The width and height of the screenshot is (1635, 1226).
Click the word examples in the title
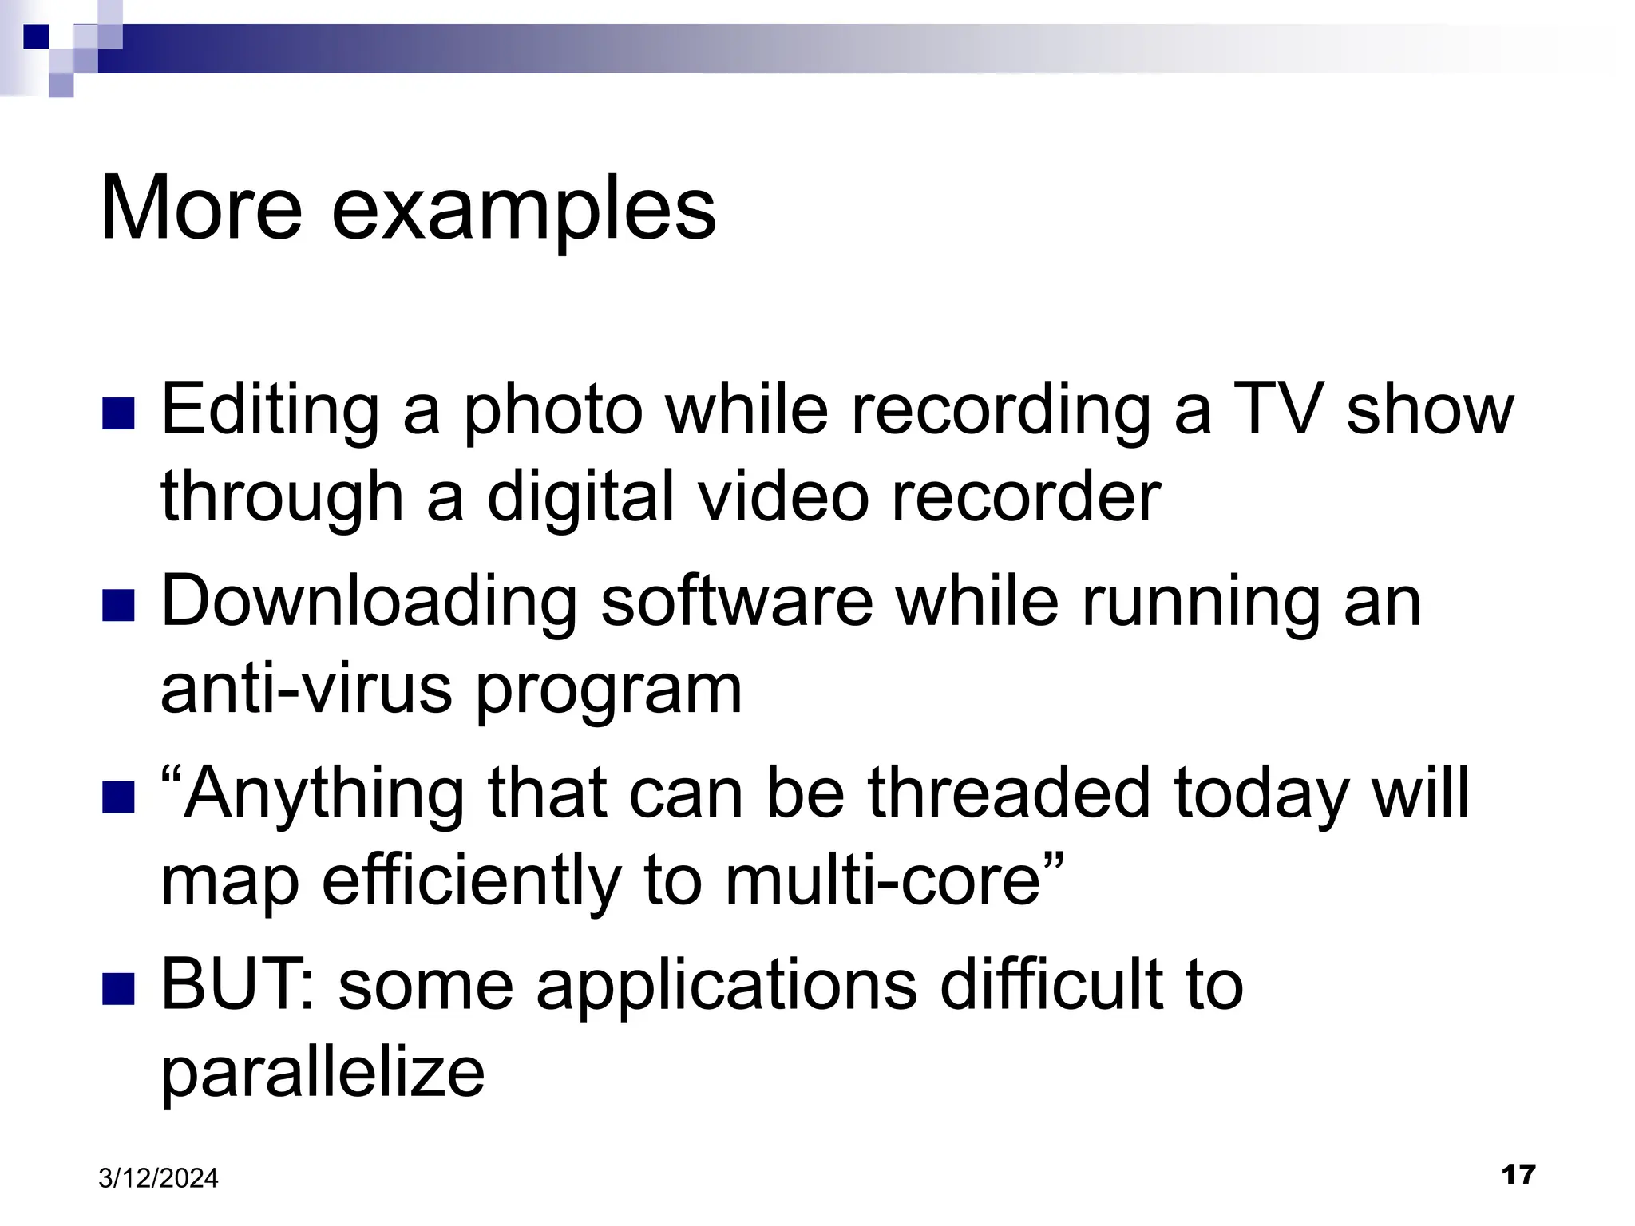coord(523,209)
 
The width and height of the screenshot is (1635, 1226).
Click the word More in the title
coord(201,209)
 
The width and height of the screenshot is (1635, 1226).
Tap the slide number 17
coord(1518,1174)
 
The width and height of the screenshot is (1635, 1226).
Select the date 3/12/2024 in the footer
coord(158,1178)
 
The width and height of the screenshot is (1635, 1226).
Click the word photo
coord(552,411)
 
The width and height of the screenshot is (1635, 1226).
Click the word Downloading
coord(369,603)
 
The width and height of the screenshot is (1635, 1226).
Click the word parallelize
coord(323,1074)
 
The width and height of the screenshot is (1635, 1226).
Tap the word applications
coord(726,987)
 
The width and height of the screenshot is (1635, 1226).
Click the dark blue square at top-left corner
coord(36,37)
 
